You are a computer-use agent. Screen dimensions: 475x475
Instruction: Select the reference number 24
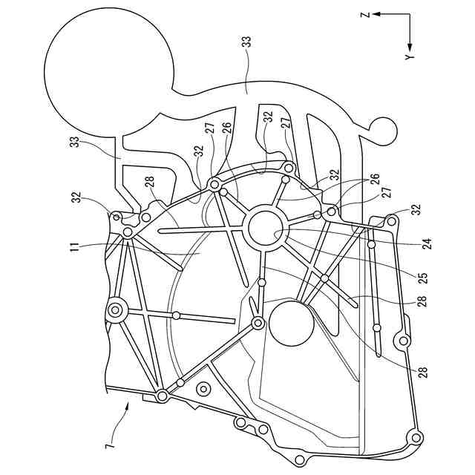[427, 240]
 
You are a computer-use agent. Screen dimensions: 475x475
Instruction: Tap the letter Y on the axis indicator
[409, 57]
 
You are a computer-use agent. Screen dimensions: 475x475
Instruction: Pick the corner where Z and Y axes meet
[409, 14]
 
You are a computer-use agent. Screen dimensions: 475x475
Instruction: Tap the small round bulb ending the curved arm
[385, 131]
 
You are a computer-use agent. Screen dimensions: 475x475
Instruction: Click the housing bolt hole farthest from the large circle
[415, 436]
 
